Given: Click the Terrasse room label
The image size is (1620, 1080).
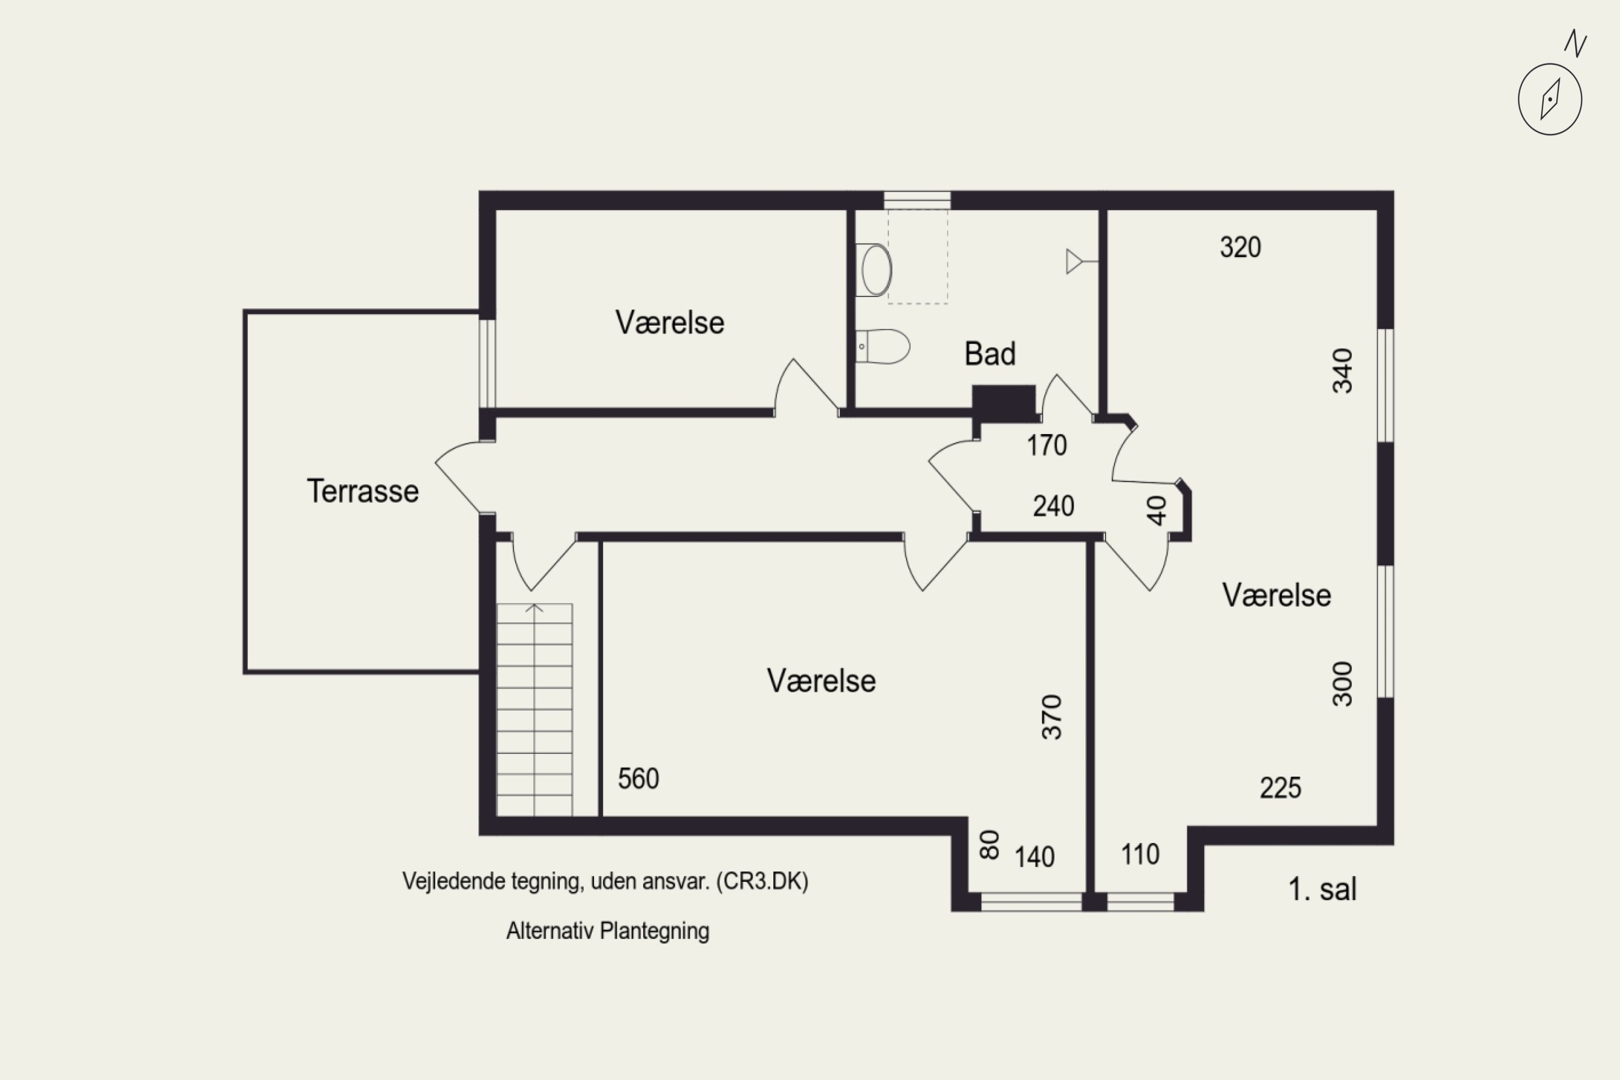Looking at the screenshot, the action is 362,491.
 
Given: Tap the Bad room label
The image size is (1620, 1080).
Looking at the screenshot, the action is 990,354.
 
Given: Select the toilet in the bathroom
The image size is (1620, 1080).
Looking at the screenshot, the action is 882,347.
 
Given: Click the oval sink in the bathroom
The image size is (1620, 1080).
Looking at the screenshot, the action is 874,270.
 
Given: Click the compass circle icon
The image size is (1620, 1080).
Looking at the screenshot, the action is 1550,99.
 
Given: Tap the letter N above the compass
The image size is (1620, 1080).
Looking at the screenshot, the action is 1575,43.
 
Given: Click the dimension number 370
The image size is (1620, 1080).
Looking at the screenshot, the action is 1052,717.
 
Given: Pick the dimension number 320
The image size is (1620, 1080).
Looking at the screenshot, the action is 1240,247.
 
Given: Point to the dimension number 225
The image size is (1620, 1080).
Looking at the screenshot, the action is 1280,788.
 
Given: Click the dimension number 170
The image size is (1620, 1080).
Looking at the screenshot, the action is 1047,446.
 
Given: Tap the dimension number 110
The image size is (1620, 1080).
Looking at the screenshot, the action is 1140,855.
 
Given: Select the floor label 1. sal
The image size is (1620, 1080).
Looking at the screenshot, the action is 1322,889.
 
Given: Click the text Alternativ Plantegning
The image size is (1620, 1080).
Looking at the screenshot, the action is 607,931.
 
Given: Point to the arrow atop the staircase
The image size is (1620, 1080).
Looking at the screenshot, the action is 535,607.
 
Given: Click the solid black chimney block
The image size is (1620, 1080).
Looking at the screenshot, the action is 1003,403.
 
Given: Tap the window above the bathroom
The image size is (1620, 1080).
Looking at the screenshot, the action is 917,200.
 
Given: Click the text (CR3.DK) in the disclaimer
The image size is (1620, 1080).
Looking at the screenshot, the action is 762,881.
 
